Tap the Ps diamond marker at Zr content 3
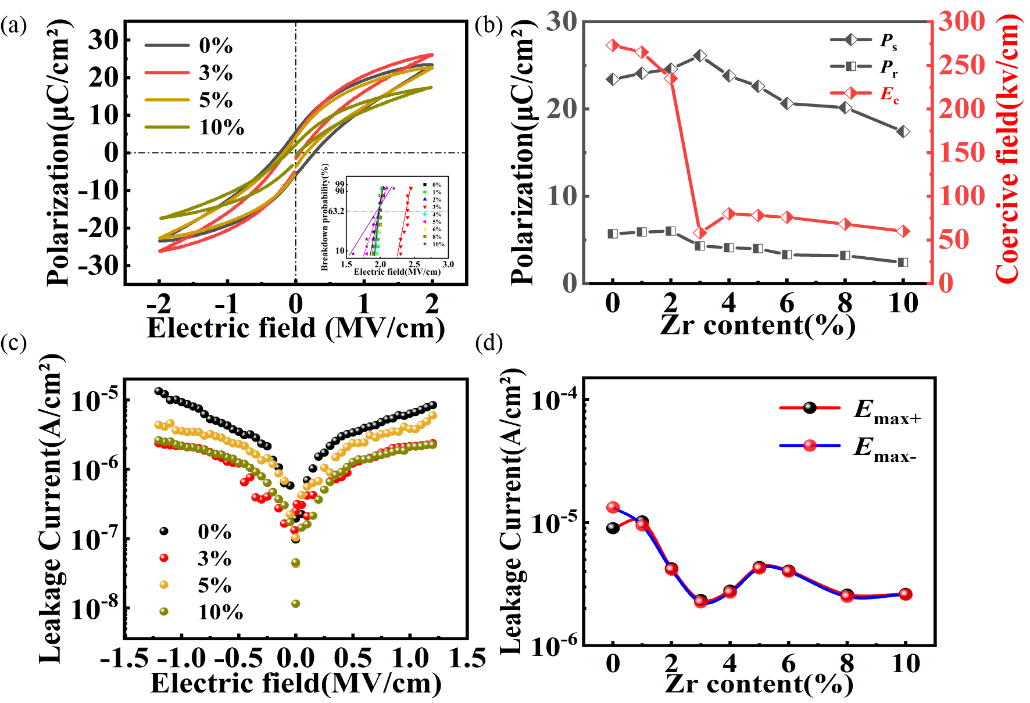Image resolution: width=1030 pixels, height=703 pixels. click(x=700, y=56)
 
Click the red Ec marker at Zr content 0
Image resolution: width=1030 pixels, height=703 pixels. click(x=613, y=45)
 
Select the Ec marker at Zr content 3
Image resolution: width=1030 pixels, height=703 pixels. click(x=700, y=233)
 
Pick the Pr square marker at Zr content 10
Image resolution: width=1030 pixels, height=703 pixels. click(x=903, y=263)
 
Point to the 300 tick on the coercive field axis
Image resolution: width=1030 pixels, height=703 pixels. click(x=961, y=21)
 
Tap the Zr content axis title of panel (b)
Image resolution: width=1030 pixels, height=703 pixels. click(x=757, y=325)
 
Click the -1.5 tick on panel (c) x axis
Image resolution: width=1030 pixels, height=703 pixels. click(x=124, y=658)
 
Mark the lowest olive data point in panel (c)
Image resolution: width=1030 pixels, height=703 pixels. click(x=295, y=604)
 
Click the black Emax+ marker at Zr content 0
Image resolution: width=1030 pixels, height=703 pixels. click(x=613, y=528)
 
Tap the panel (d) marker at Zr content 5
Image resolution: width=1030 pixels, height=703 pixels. click(x=759, y=568)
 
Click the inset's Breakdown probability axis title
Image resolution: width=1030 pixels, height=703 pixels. click(x=324, y=217)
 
